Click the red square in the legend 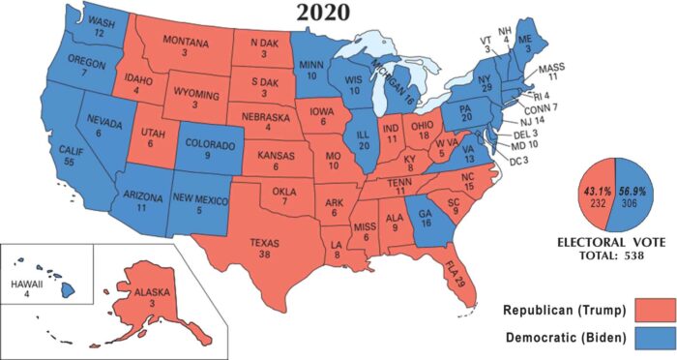[x=653, y=312]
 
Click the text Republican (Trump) [x=570, y=312]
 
